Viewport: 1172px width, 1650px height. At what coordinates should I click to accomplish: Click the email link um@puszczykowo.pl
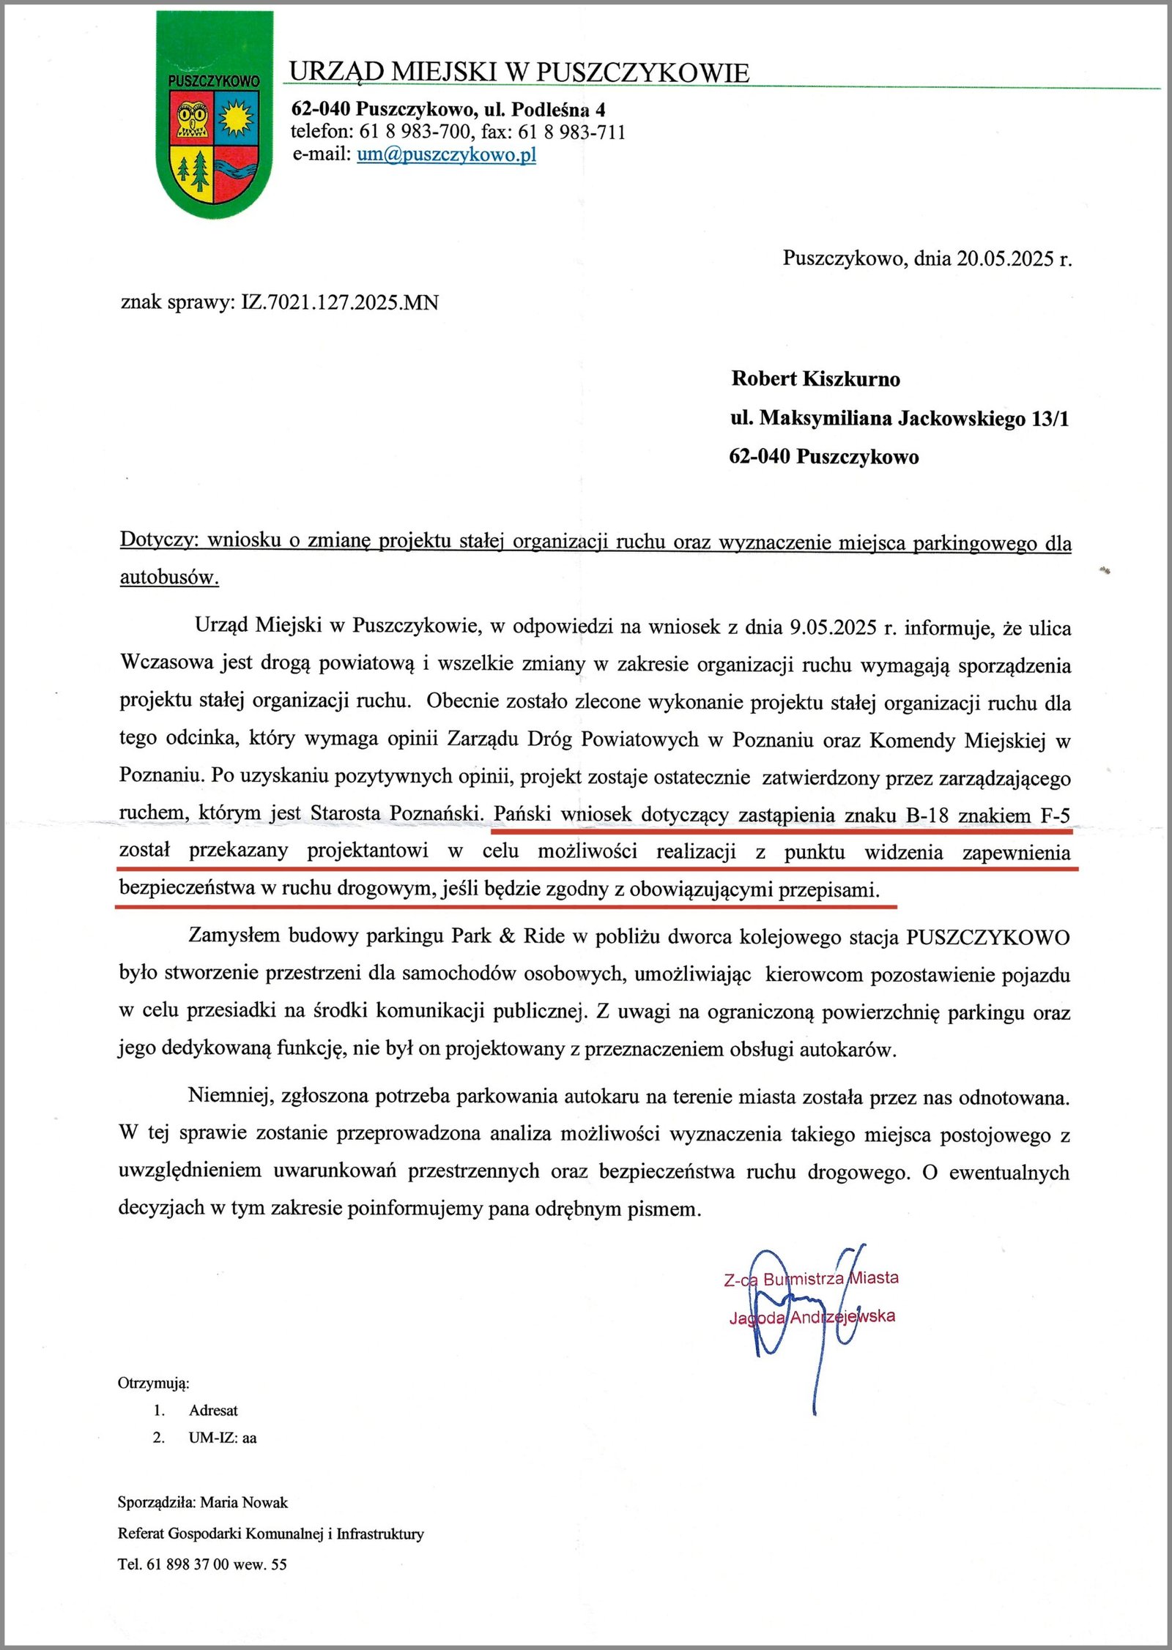[x=446, y=154]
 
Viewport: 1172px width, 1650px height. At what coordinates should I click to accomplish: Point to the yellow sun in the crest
[x=236, y=118]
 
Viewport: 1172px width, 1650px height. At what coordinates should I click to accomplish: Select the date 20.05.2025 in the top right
[x=1005, y=258]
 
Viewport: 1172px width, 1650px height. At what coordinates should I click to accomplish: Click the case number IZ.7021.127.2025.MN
[x=340, y=302]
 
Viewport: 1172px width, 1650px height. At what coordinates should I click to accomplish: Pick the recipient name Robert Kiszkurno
[x=815, y=378]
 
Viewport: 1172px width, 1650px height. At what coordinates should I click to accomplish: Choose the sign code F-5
[x=1055, y=815]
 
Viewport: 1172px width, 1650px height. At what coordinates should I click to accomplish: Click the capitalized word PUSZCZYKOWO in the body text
[x=987, y=938]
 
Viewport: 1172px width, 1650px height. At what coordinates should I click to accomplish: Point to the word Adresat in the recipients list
[x=213, y=1410]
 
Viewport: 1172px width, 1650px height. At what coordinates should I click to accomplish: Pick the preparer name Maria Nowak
[x=244, y=1502]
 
